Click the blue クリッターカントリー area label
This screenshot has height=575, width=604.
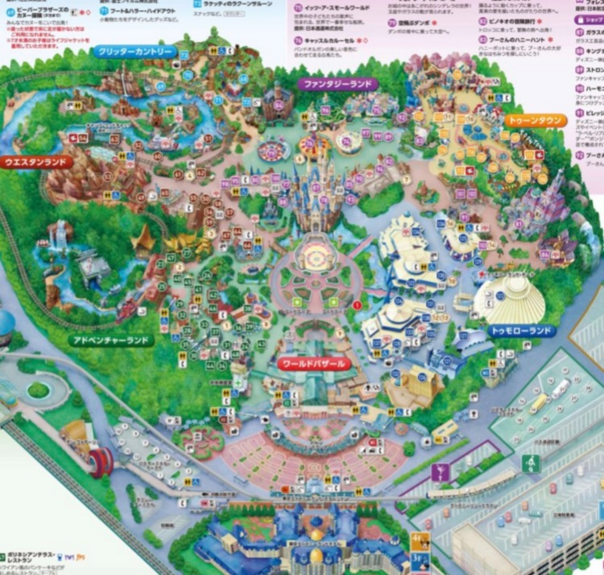click(x=135, y=52)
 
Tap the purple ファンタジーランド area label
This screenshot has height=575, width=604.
click(x=338, y=85)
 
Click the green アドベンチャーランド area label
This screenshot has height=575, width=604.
click(x=111, y=340)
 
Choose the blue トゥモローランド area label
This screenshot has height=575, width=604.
click(x=521, y=331)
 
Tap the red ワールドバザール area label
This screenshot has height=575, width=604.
click(x=314, y=364)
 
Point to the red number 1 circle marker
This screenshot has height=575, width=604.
click(x=357, y=305)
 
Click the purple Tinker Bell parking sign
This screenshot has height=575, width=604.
click(x=440, y=472)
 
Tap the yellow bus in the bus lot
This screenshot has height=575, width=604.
click(x=539, y=403)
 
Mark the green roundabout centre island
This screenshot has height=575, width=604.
click(x=38, y=390)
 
